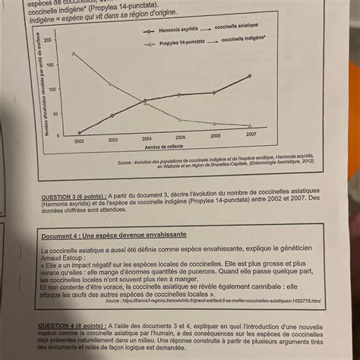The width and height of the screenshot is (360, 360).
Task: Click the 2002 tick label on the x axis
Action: [x=79, y=141]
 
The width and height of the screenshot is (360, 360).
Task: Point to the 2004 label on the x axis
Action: [x=147, y=139]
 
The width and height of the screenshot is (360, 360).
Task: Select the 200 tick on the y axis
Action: [x=49, y=39]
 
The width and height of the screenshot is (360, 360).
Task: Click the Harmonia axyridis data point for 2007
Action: [x=251, y=76]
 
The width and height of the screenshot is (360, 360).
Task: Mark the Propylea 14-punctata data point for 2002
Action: [x=74, y=53]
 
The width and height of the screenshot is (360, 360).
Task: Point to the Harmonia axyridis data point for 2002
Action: [x=78, y=133]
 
